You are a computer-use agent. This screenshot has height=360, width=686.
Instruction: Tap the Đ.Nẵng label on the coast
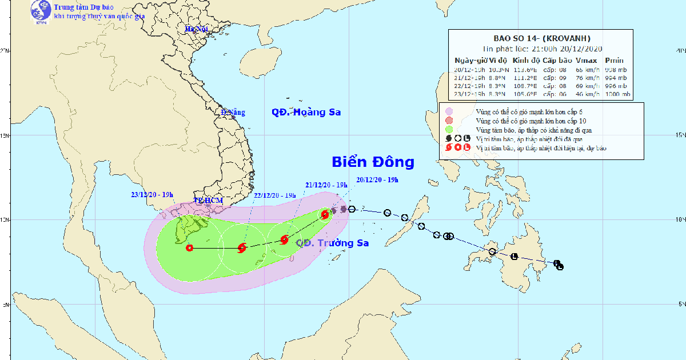click(x=233, y=113)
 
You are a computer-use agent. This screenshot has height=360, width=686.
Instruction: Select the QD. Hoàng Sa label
click(x=306, y=112)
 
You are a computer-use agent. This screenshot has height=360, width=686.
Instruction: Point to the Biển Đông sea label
click(x=373, y=162)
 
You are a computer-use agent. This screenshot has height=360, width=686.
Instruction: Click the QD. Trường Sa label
click(x=332, y=243)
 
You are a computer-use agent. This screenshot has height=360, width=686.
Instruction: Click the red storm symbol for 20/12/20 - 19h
click(x=325, y=214)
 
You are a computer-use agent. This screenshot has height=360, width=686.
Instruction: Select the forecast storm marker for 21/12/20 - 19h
click(x=284, y=240)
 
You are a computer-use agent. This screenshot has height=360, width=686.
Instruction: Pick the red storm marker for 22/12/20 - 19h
click(x=242, y=248)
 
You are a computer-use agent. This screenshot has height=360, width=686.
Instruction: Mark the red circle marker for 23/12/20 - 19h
click(x=189, y=247)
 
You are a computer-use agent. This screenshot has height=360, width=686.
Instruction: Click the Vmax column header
click(x=585, y=61)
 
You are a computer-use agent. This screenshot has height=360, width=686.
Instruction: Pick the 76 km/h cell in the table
click(x=586, y=77)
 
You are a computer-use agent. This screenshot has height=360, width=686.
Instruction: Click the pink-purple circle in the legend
click(x=449, y=111)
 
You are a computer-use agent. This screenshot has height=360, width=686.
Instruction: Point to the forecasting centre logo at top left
click(x=40, y=11)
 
